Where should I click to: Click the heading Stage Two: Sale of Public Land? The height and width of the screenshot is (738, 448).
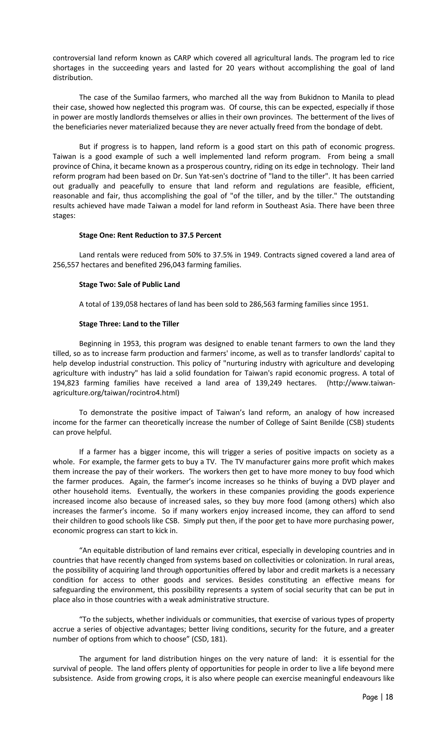pos(129,284)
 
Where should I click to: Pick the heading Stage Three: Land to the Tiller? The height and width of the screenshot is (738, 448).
pos(129,324)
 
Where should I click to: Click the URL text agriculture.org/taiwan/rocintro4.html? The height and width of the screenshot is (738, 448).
pos(116,393)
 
